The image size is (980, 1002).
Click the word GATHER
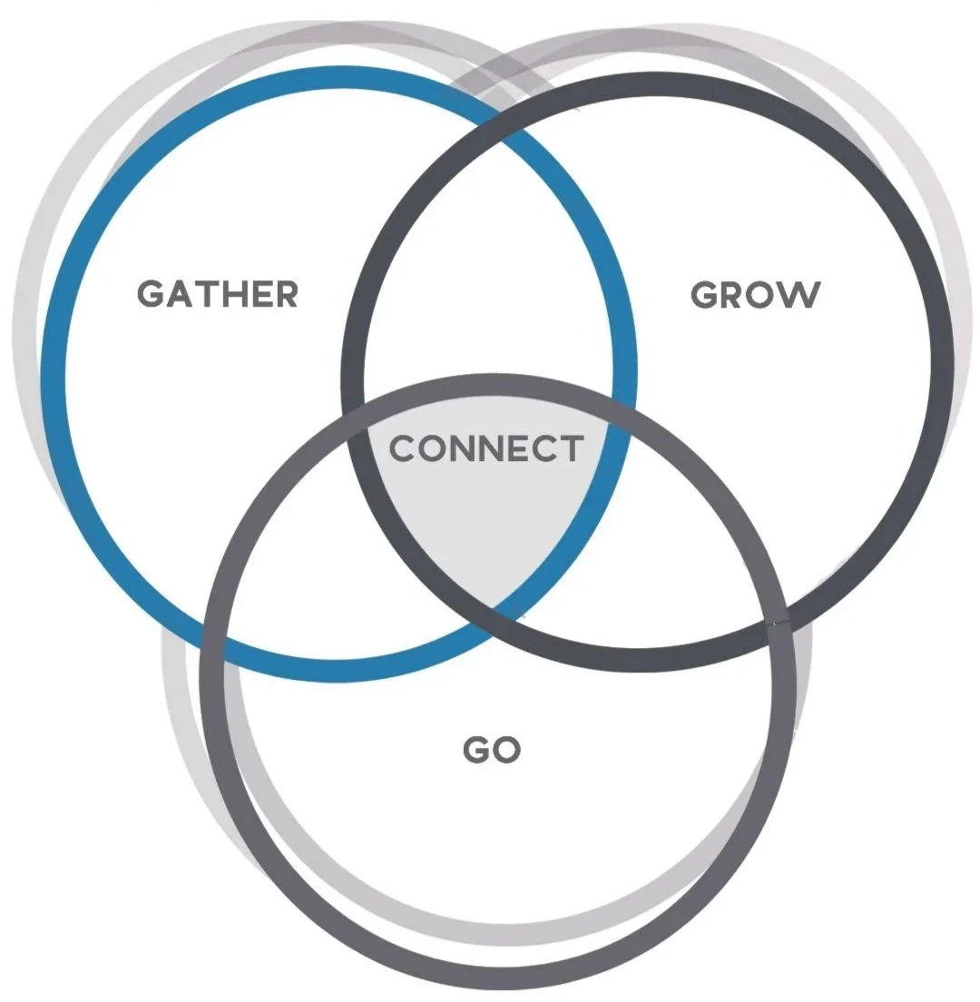[218, 294]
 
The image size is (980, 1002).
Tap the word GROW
[756, 295]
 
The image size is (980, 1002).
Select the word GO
[492, 750]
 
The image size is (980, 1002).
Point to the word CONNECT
[486, 448]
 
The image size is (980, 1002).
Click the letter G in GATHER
[151, 294]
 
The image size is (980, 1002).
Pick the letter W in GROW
[801, 295]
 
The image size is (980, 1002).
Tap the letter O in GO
[506, 750]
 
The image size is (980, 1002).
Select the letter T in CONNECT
[569, 448]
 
